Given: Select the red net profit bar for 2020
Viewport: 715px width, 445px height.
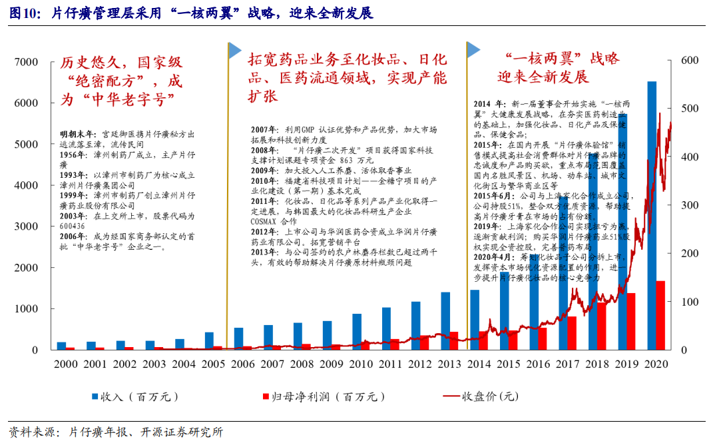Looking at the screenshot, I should click(660, 315).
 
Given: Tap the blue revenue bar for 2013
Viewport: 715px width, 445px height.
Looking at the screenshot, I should click(445, 320).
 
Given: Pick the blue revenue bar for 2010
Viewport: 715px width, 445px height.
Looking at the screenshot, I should click(357, 331).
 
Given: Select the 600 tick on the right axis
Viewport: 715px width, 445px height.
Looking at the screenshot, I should click(690, 61).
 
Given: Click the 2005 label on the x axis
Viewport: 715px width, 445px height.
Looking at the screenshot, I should click(212, 364).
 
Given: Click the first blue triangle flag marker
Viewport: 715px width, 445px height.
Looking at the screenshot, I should click(234, 50).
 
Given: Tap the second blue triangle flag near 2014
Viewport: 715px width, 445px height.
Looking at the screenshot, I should click(473, 50).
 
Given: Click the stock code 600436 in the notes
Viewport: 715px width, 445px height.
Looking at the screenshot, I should click(73, 226).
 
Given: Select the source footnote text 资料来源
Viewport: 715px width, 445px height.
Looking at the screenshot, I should click(31, 432).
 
